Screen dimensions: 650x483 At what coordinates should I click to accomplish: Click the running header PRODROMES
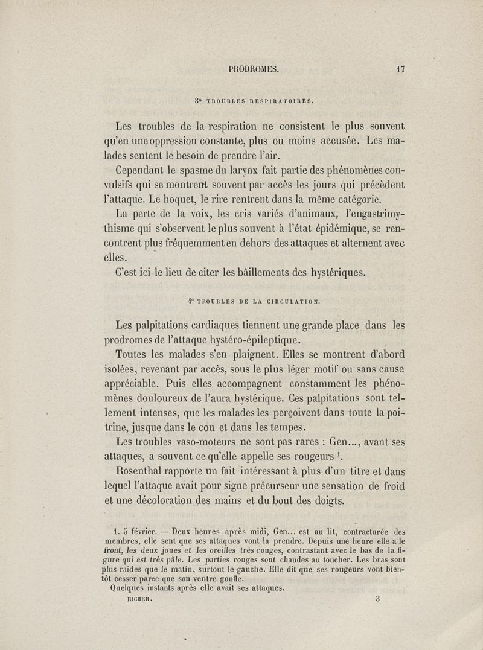click(x=254, y=69)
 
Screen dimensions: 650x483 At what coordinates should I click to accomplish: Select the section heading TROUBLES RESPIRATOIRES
click(x=259, y=101)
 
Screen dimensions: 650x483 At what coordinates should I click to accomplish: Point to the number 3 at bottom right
click(x=377, y=600)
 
